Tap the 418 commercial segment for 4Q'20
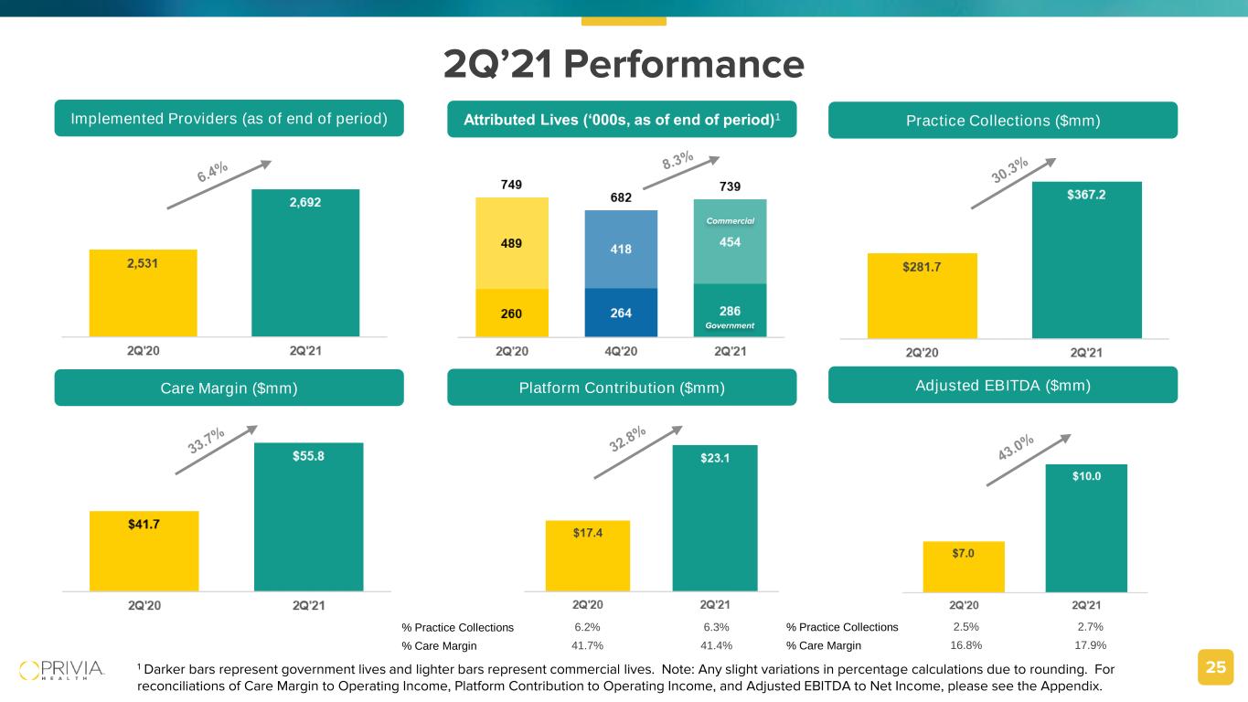click(621, 250)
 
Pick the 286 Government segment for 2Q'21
click(730, 311)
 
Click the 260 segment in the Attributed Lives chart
click(512, 314)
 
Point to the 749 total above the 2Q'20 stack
click(512, 186)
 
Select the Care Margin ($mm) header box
click(229, 388)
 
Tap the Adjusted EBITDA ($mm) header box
click(1002, 385)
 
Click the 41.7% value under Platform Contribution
click(587, 645)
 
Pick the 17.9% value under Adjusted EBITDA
click(1086, 645)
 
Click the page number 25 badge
click(1215, 667)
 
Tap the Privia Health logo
click(62, 669)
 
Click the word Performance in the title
click(684, 64)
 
